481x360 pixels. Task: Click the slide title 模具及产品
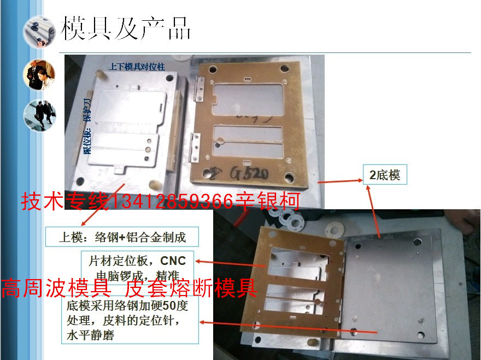tap(126, 28)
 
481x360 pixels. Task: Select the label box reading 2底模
tap(385, 175)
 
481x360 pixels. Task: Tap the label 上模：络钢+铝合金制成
tap(122, 237)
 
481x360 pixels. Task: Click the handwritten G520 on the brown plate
tap(249, 175)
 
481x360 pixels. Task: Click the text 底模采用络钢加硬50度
tap(127, 305)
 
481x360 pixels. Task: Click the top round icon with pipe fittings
tap(39, 32)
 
